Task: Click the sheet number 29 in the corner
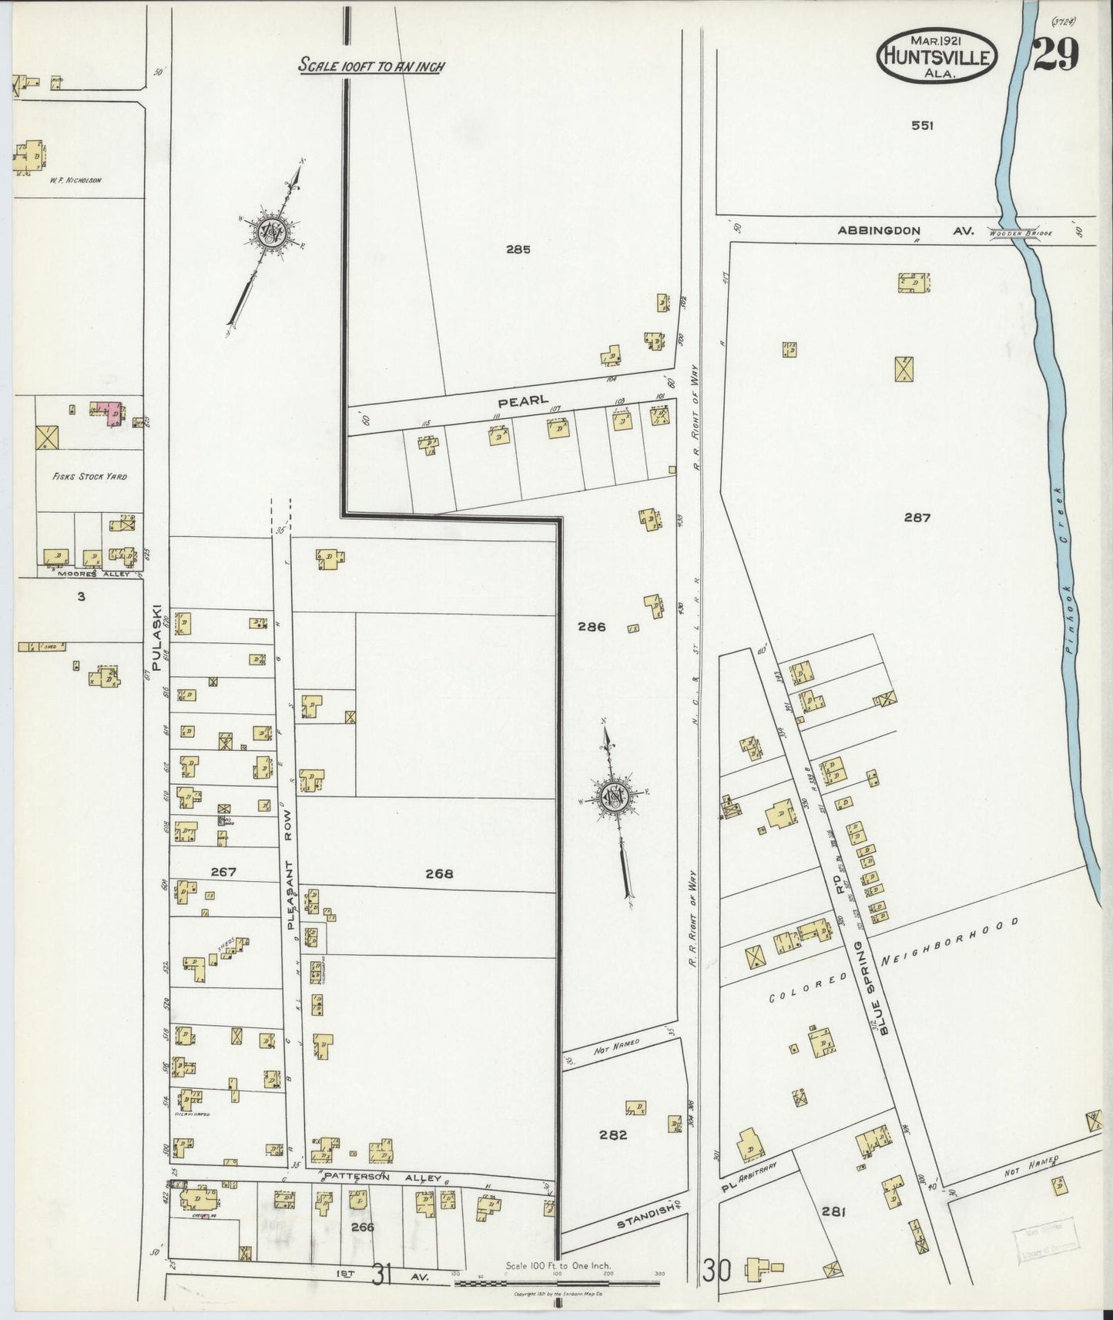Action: tap(1056, 55)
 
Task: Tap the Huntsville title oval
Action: tap(938, 55)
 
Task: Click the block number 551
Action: tap(922, 126)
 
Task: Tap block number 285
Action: tap(518, 249)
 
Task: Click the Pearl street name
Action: tap(512, 400)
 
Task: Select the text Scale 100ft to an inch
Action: tap(371, 66)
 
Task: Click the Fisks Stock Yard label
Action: tap(89, 477)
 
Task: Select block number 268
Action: tap(439, 873)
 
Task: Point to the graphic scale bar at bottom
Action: tap(557, 1283)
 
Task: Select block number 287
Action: tap(917, 518)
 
